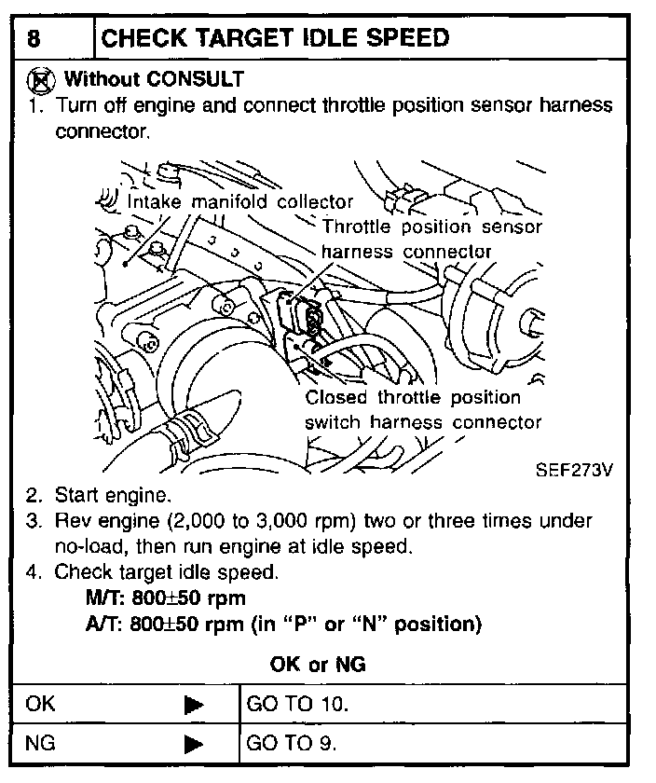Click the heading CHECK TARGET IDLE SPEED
[275, 39]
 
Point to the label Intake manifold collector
[239, 201]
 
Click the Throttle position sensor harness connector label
[431, 239]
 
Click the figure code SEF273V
[574, 469]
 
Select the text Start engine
[113, 494]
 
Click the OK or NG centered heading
[318, 665]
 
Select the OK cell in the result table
[42, 704]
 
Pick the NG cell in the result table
[42, 744]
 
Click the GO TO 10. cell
[297, 704]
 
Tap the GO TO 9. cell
[292, 744]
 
